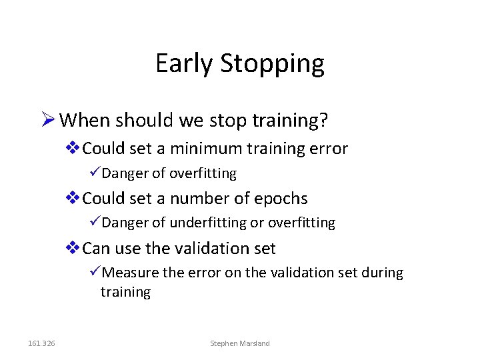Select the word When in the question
pyautogui.click(x=85, y=121)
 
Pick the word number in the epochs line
pyautogui.click(x=195, y=199)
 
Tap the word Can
pyautogui.click(x=96, y=249)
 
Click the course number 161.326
pyautogui.click(x=42, y=343)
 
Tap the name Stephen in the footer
pyautogui.click(x=223, y=343)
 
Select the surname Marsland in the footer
pyautogui.click(x=255, y=343)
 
